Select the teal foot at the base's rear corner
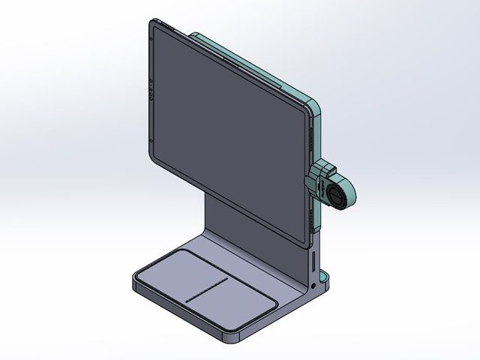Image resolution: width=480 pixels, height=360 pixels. [328, 283]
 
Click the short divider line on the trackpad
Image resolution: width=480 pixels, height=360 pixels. [206, 291]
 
